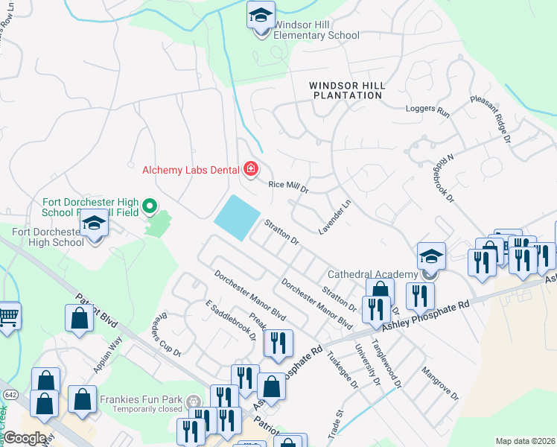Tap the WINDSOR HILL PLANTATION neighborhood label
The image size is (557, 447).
click(348, 90)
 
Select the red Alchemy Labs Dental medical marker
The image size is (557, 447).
click(251, 170)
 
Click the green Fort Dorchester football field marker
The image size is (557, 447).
click(150, 205)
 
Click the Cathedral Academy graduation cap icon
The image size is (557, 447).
click(431, 258)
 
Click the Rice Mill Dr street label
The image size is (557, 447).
click(288, 186)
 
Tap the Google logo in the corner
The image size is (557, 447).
click(25, 437)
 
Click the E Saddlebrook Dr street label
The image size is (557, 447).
click(231, 321)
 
